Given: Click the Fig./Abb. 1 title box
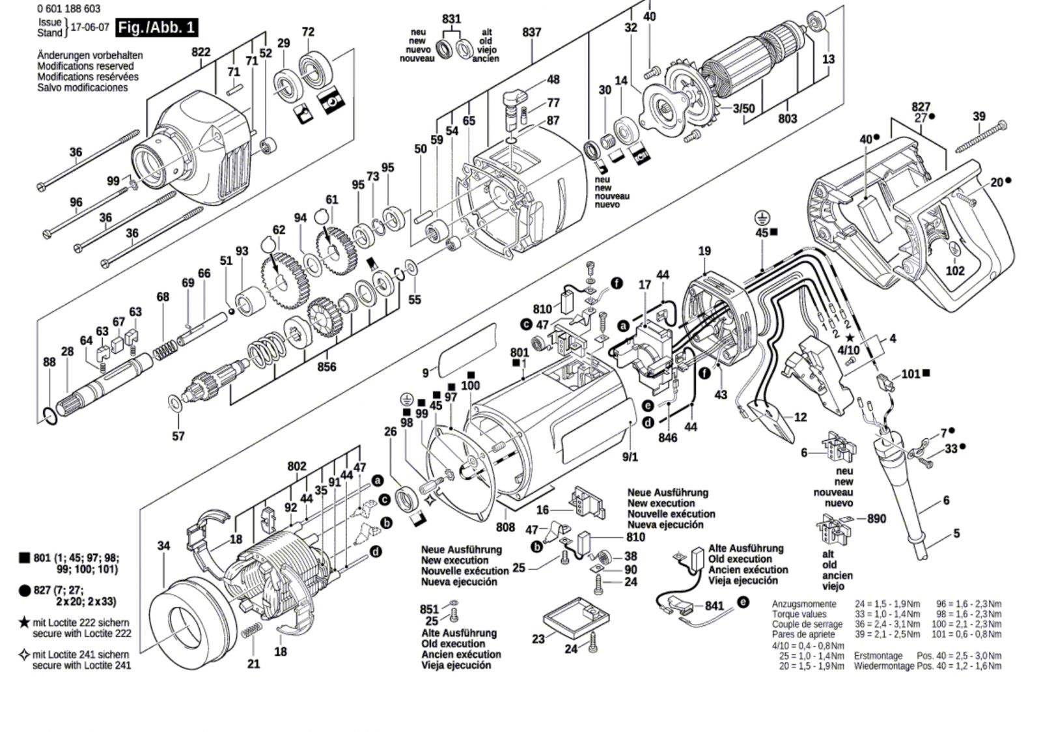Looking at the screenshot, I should tap(156, 28).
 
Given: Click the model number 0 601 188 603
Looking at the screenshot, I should tap(69, 9).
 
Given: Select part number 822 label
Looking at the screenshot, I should tap(201, 52).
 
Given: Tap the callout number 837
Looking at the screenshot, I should tap(531, 32).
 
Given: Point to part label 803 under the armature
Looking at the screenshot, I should tap(788, 119).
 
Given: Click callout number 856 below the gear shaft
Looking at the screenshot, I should tap(327, 367).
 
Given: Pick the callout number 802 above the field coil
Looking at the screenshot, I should tap(297, 466).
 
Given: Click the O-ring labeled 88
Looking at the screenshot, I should tap(50, 415).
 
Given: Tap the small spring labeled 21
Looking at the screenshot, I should tap(251, 631).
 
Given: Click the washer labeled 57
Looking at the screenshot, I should tap(176, 404).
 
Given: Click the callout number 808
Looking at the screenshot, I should tap(505, 527).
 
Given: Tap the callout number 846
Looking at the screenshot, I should tap(668, 438).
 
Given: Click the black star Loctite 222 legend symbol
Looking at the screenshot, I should tap(25, 623).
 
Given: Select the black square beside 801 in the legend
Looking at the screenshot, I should tap(25, 558).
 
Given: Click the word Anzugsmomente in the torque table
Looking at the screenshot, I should tap(804, 604).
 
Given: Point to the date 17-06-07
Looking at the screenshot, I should tap(89, 28).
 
